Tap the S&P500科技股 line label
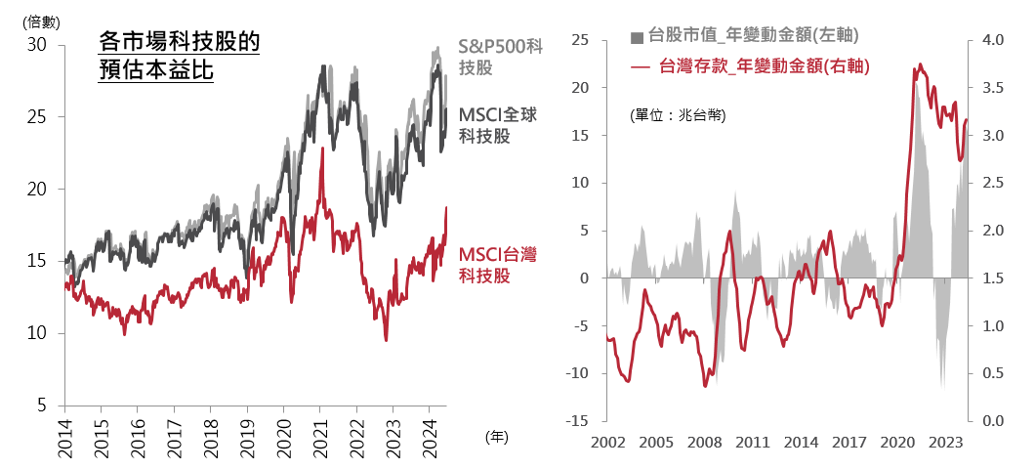500,57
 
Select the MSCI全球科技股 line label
498,125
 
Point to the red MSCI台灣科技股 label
498,265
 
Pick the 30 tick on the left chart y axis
37,45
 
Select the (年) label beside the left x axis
496,437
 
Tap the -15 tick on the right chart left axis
577,421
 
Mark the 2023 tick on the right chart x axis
944,441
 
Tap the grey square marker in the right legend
638,38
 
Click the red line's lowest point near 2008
705,386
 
